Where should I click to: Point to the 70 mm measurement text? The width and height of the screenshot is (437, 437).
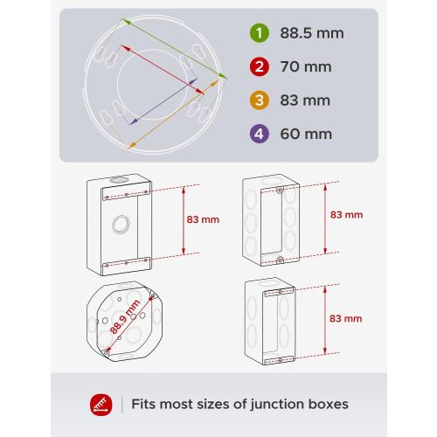click(302, 67)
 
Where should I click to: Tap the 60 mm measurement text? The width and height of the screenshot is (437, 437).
click(302, 134)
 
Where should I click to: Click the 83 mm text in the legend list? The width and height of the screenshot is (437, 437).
click(302, 101)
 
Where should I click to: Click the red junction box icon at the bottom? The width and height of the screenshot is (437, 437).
click(102, 404)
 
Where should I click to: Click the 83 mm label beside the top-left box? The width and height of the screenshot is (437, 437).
click(203, 219)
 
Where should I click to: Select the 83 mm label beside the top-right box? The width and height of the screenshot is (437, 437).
click(346, 213)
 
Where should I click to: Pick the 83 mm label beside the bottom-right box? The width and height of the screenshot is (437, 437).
click(346, 319)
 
